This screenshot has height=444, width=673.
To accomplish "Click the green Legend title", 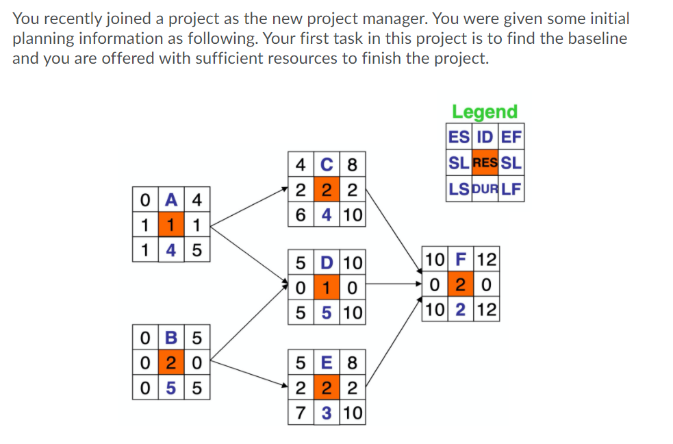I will (485, 112).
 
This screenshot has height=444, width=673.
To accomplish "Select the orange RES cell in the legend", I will (485, 163).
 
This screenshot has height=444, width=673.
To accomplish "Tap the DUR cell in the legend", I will (485, 188).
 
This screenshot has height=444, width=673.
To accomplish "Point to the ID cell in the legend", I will (485, 137).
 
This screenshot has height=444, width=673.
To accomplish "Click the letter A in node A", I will (170, 201).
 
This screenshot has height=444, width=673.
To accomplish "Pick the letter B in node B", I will (170, 338).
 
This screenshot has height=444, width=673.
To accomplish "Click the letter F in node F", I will (461, 260).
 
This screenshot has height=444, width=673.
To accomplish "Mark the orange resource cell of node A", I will (170, 225).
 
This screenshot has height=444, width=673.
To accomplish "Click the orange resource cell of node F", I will (461, 284).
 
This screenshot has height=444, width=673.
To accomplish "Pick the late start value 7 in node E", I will (301, 413).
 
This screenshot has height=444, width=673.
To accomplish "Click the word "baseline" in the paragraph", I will (595, 38).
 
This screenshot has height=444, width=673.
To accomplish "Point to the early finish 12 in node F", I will (487, 260).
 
